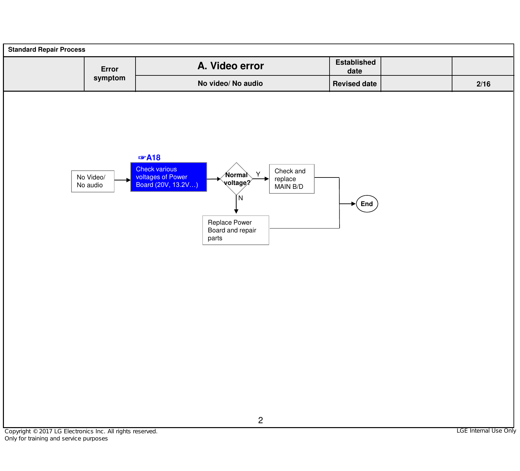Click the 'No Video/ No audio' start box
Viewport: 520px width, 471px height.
[93, 181]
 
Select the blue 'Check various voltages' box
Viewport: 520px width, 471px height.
[168, 177]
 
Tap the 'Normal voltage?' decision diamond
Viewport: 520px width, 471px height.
[236, 179]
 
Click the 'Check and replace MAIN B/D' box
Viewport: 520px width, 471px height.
[292, 179]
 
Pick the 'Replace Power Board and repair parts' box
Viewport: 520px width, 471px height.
[236, 230]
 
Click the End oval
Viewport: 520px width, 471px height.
[367, 204]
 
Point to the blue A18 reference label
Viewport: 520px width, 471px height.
[149, 158]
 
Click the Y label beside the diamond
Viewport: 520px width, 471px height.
[258, 174]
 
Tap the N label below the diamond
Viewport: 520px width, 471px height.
[240, 198]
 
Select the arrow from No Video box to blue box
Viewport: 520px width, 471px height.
[123, 180]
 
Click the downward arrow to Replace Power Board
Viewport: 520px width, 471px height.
[236, 204]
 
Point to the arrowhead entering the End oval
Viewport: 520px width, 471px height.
[354, 204]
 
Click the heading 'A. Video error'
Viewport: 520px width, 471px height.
[231, 66]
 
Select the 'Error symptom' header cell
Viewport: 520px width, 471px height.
[110, 74]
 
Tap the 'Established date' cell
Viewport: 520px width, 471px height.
[355, 66]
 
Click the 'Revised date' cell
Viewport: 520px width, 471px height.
[355, 84]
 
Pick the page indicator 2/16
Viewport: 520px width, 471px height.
[483, 84]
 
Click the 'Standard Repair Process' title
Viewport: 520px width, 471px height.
[46, 49]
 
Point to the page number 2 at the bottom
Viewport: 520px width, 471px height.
[260, 420]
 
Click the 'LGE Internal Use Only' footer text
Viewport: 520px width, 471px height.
[486, 431]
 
